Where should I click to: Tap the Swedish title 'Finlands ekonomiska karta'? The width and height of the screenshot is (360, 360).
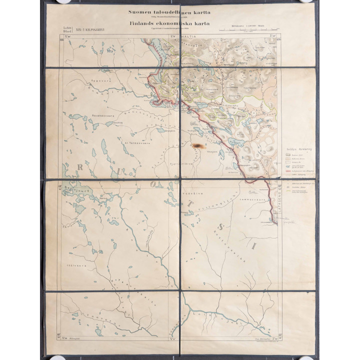click(x=169, y=23)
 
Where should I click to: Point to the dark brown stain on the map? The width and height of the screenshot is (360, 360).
click(x=196, y=145)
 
